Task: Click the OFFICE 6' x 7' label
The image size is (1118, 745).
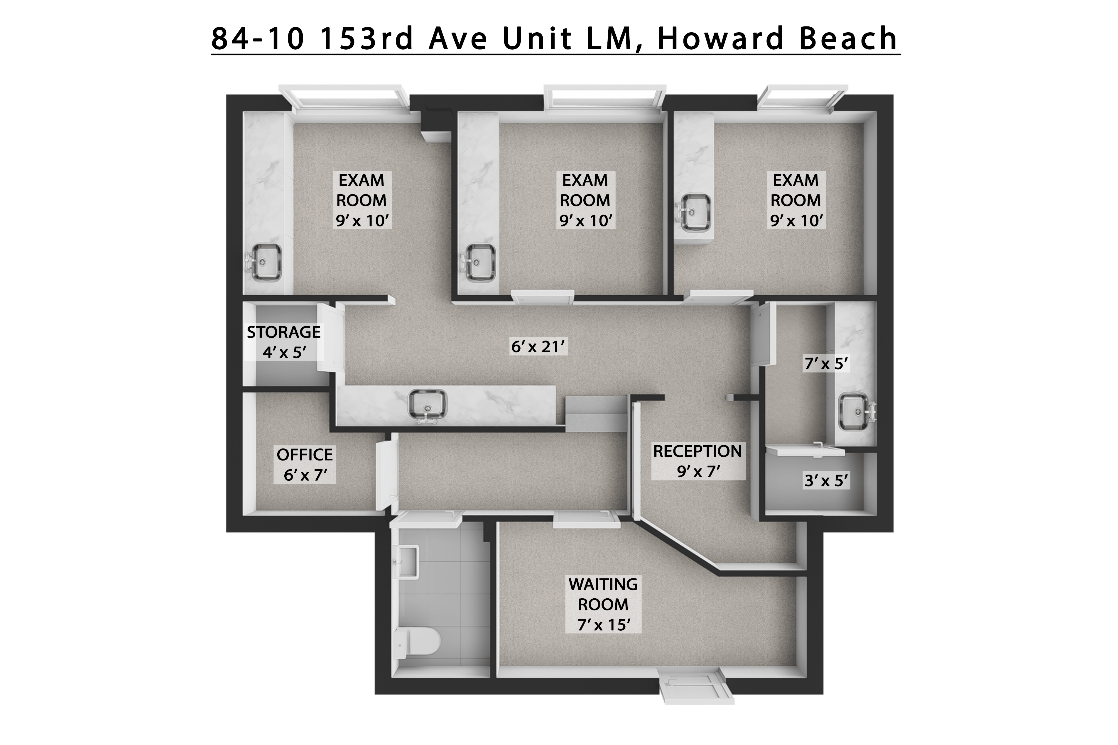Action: [x=305, y=465]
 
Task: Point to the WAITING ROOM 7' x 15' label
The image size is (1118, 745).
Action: [x=603, y=605]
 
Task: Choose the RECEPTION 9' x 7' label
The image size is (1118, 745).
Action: [x=697, y=461]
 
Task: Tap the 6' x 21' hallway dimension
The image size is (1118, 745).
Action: [x=538, y=347]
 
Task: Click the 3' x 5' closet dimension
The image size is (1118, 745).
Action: [x=826, y=481]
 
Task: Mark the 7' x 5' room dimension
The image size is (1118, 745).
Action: [x=826, y=364]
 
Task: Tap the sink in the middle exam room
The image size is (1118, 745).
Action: [x=479, y=262]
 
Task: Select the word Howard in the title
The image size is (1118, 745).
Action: [x=720, y=39]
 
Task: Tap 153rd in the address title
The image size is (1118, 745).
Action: [x=366, y=39]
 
